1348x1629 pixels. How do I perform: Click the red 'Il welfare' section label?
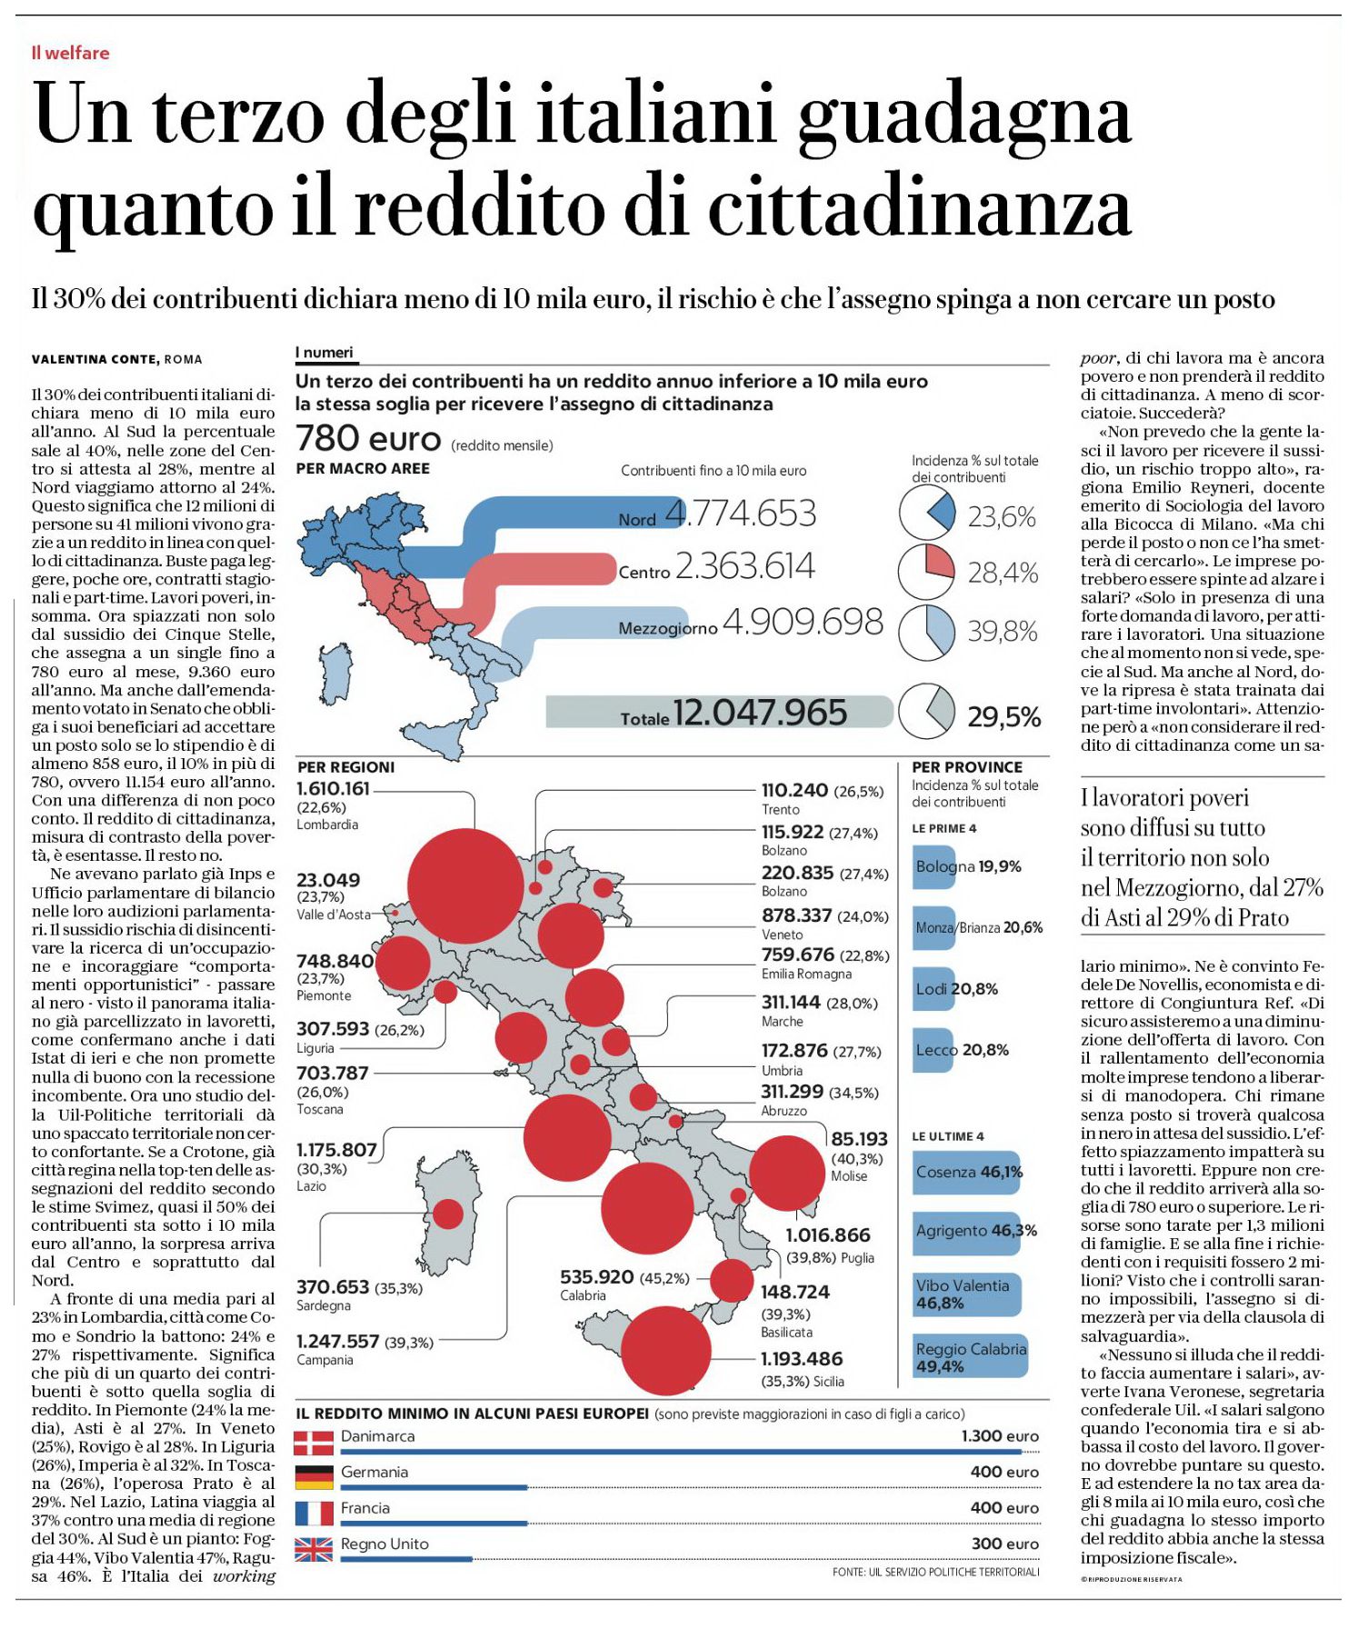click(70, 53)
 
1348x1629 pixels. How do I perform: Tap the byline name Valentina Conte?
click(95, 359)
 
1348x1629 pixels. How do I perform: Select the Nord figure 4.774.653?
click(741, 514)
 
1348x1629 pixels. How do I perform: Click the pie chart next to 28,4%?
click(927, 571)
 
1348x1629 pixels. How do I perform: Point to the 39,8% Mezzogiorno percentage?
click(1002, 631)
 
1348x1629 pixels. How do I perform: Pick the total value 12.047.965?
click(760, 713)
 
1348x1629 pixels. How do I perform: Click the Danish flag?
click(315, 1444)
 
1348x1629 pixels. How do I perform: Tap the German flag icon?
click(315, 1478)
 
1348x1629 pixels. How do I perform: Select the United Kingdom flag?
click(315, 1550)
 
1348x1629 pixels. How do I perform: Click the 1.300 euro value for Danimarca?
click(1000, 1436)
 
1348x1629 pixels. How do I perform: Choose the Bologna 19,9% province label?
click(968, 866)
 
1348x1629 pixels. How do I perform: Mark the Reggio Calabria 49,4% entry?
click(971, 1357)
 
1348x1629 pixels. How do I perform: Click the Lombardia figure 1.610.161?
click(334, 788)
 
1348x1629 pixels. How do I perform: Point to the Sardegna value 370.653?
click(333, 1286)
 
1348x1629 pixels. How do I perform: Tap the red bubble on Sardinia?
click(448, 1214)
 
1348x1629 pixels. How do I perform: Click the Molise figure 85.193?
click(859, 1138)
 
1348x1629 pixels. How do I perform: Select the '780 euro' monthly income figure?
click(368, 439)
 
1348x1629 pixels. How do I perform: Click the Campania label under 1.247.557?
click(325, 1360)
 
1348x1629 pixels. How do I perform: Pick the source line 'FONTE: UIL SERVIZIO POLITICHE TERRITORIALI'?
click(935, 1572)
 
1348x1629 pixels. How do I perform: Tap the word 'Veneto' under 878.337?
click(782, 934)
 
